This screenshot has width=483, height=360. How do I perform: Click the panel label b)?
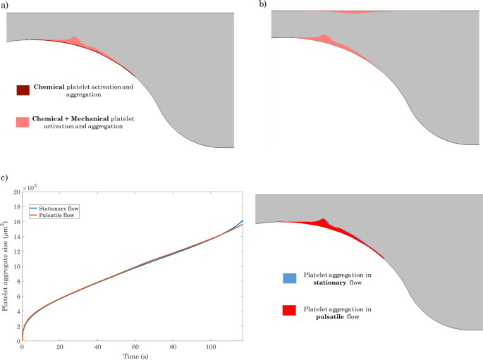click(x=264, y=4)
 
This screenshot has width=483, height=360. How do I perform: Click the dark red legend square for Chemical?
click(x=23, y=89)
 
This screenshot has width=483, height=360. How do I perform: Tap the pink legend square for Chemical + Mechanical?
click(x=23, y=121)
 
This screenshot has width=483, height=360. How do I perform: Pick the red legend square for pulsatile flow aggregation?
click(x=287, y=311)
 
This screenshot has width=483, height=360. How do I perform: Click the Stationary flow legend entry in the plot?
click(x=56, y=208)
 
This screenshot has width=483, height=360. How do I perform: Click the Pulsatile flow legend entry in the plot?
click(x=55, y=215)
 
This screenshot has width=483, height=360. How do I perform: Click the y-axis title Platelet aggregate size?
click(x=6, y=267)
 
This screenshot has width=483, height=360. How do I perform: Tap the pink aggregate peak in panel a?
click(x=75, y=39)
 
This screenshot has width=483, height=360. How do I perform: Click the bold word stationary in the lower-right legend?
click(x=322, y=284)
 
